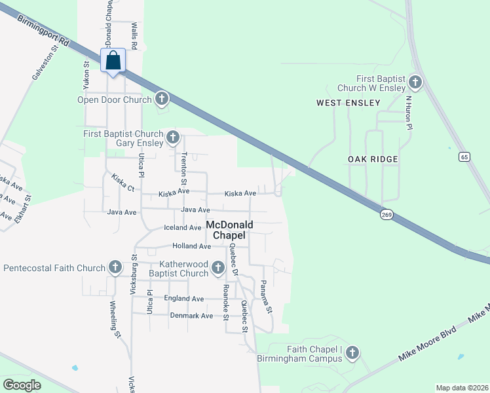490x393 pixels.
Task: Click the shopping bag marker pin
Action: (x=113, y=61)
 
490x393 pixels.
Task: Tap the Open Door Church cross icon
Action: (x=161, y=100)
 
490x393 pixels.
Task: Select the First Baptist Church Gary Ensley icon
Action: (x=173, y=137)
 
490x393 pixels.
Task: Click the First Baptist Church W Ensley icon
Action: (x=414, y=83)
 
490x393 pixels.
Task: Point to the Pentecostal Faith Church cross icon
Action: (x=115, y=267)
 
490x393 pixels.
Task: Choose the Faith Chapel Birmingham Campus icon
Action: (x=352, y=353)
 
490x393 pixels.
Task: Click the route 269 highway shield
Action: (x=386, y=214)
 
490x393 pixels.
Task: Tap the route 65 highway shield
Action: (x=464, y=157)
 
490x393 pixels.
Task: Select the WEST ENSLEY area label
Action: (x=348, y=103)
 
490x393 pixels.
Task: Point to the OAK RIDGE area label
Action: (x=374, y=159)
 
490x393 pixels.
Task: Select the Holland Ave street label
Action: (x=191, y=246)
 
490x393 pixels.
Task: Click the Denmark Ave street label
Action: (x=192, y=315)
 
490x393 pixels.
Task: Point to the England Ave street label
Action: (x=184, y=298)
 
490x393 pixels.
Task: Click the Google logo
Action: (x=22, y=385)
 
